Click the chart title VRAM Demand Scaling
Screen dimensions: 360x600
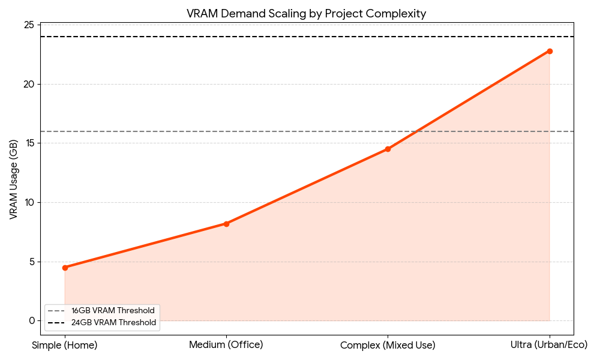tap(307, 14)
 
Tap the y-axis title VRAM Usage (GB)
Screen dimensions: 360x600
tap(13, 178)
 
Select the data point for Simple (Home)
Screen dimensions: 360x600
tap(65, 268)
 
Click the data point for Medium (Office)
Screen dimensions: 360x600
tap(226, 224)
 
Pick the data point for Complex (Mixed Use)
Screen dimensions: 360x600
tap(388, 149)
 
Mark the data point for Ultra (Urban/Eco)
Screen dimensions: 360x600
tap(550, 51)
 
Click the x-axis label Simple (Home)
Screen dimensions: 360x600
tap(65, 345)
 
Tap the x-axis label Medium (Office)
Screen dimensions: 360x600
tap(226, 345)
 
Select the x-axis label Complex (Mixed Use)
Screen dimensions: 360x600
tap(388, 345)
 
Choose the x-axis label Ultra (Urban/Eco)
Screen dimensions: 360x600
tap(550, 345)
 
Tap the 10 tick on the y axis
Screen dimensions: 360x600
tap(31, 202)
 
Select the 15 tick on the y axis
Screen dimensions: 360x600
tap(31, 143)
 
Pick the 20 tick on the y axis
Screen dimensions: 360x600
tap(31, 84)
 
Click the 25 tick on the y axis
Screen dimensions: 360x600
tap(31, 25)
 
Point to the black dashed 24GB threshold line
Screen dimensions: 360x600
tap(300, 37)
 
